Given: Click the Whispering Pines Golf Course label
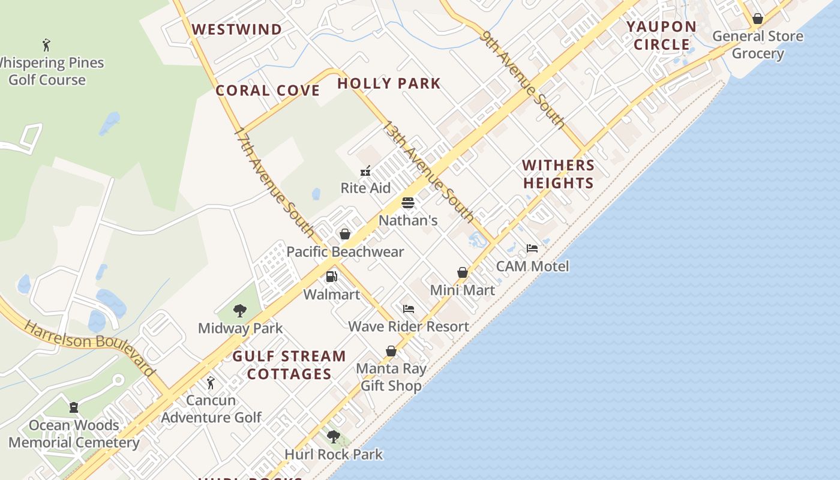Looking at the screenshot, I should point(48,71).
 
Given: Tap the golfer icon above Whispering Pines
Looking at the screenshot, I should point(47,44).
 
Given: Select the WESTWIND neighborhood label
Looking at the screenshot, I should point(236,29).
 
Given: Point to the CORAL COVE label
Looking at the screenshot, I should point(268,91).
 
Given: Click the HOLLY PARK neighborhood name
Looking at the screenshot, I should point(389,83).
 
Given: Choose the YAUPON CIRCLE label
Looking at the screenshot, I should point(662,35).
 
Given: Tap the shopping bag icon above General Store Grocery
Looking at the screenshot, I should point(758,19).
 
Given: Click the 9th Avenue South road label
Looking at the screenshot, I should point(523,80).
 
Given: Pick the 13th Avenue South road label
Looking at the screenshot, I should point(428,172).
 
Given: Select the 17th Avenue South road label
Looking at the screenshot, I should point(274,181).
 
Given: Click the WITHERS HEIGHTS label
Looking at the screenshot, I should point(558,174).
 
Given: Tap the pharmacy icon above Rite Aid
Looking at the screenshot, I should point(365,172).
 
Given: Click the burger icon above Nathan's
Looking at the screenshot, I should point(408,203).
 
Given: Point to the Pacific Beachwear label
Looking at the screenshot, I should point(345,252).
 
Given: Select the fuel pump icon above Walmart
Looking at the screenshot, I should point(331,277).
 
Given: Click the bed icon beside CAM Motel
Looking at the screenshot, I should point(532,248).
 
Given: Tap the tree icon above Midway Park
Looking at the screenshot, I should point(240,310).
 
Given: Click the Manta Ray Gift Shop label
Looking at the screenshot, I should point(391,377).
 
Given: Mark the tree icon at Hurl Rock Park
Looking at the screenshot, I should point(334,437).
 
